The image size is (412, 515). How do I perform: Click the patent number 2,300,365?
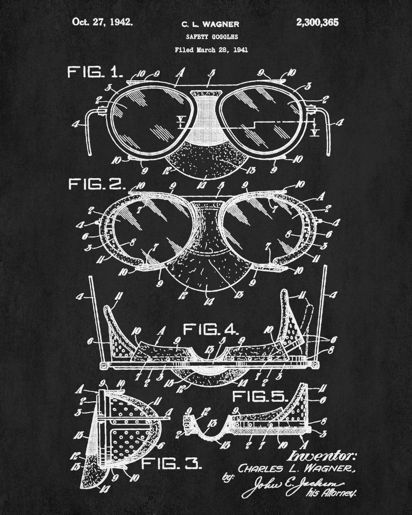tap(318, 22)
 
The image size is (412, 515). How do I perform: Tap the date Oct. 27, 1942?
tap(102, 22)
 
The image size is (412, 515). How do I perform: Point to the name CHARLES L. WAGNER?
tap(296, 469)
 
